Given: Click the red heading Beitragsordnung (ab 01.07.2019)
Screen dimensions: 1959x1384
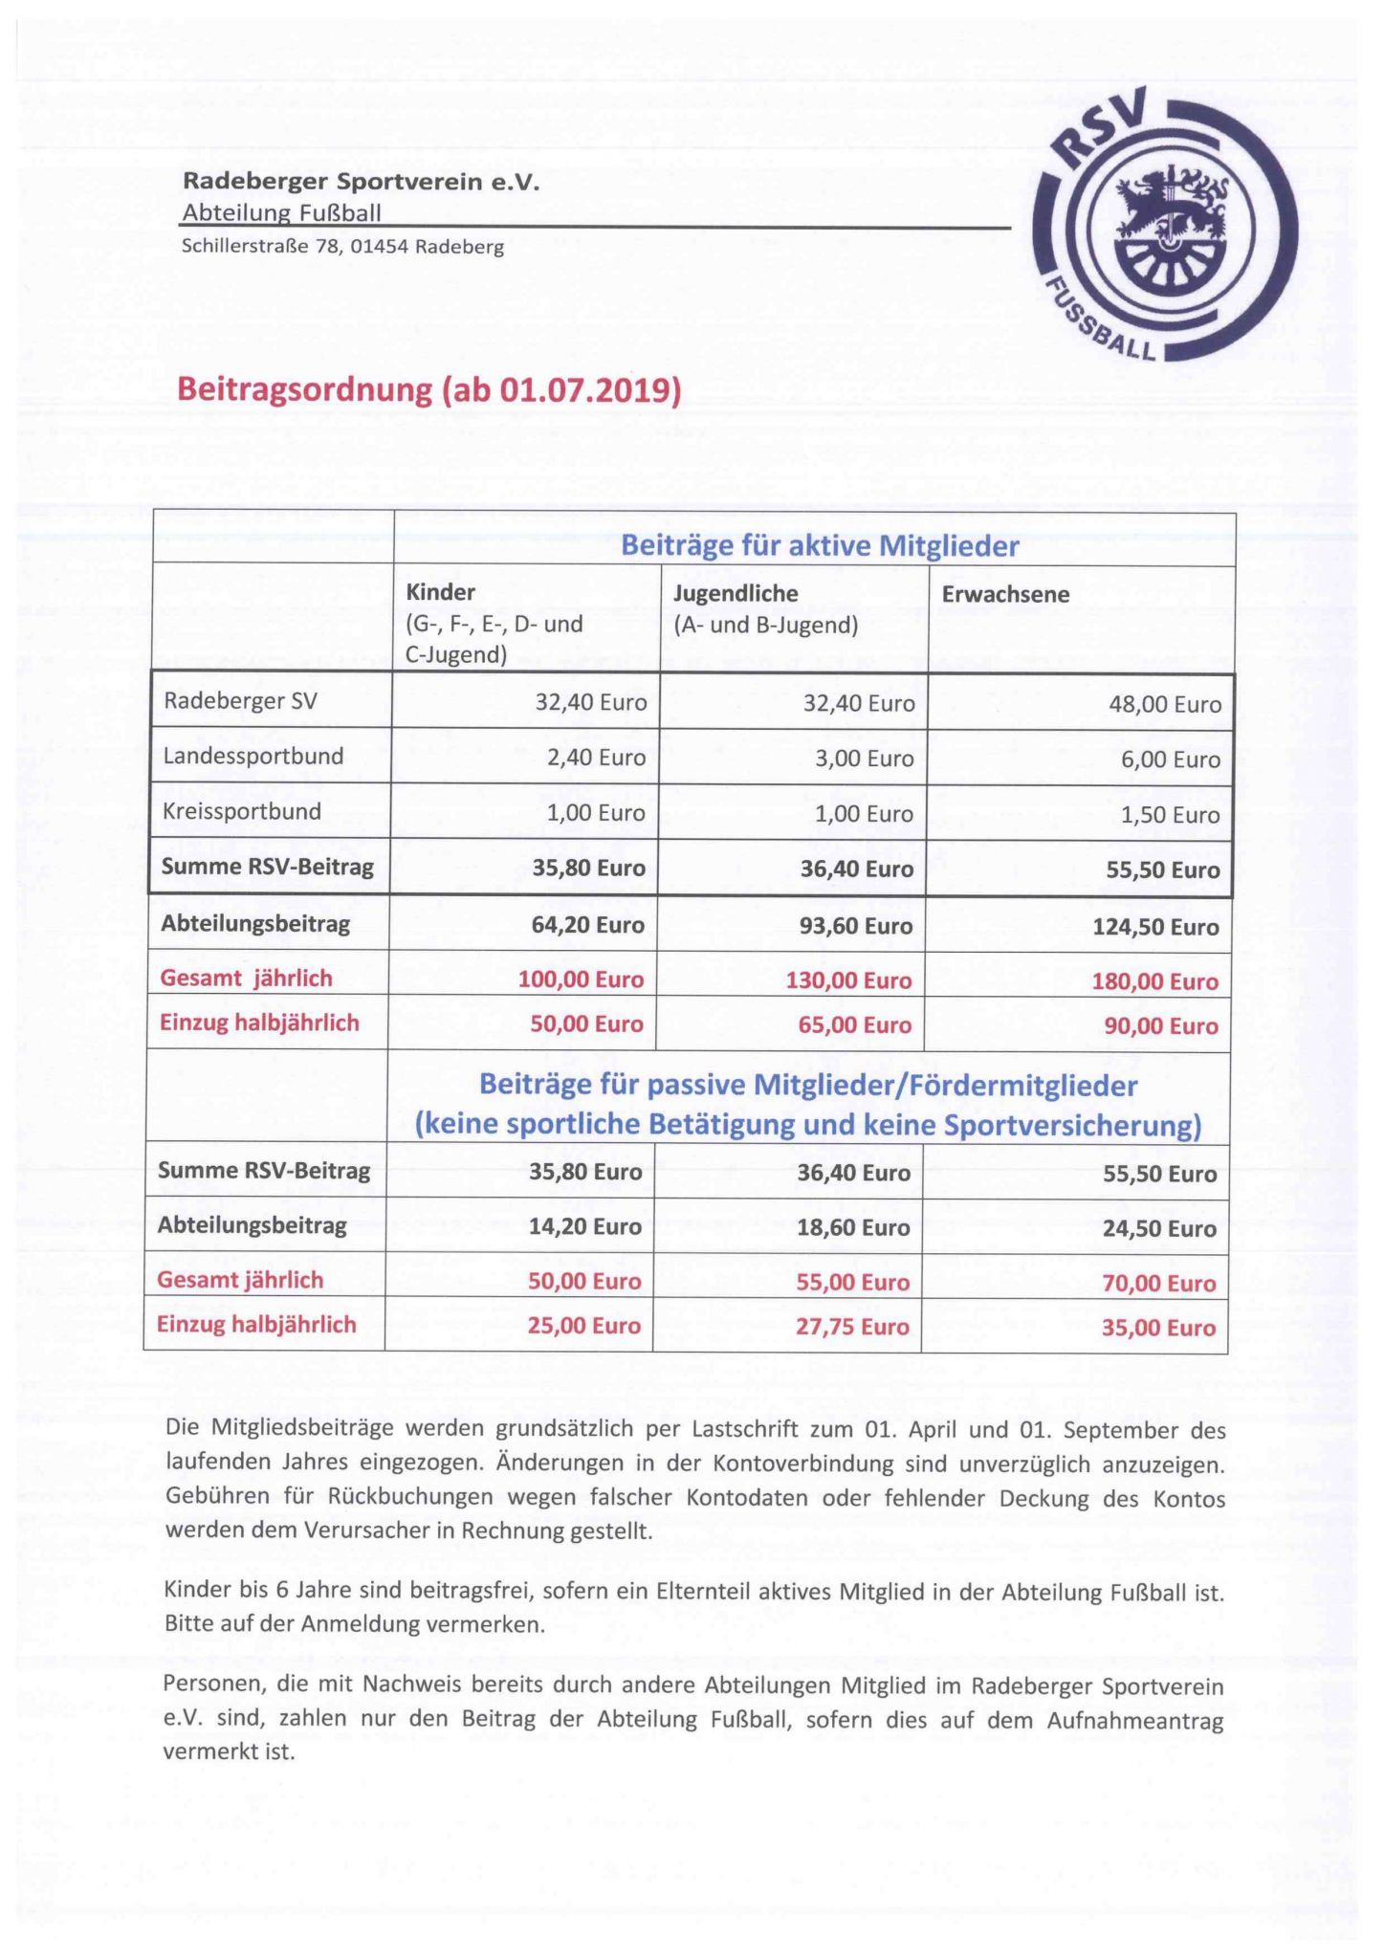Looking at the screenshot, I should pyautogui.click(x=429, y=390).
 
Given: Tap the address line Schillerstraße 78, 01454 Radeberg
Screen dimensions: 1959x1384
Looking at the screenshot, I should pyautogui.click(x=342, y=247).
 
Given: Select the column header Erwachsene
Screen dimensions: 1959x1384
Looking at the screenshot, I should pyautogui.click(x=1005, y=594).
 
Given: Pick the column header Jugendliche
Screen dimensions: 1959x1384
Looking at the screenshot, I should pyautogui.click(x=736, y=593).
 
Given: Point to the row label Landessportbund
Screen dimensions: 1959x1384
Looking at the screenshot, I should pyautogui.click(x=253, y=757).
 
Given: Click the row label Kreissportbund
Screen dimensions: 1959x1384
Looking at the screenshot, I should pyautogui.click(x=242, y=812).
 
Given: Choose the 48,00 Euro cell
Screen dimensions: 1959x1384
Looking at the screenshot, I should pyautogui.click(x=1165, y=705).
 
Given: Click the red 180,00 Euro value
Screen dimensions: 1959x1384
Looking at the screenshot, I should pyautogui.click(x=1154, y=981).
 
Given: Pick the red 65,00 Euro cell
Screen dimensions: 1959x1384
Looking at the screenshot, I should pyautogui.click(x=854, y=1025).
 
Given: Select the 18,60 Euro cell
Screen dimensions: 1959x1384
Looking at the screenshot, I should pyautogui.click(x=853, y=1228).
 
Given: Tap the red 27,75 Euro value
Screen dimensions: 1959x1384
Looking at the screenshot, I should pyautogui.click(x=852, y=1327).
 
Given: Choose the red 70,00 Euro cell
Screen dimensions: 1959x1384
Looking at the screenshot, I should pyautogui.click(x=1158, y=1284).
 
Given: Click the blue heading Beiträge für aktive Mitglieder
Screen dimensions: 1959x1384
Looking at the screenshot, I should pyautogui.click(x=820, y=546).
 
